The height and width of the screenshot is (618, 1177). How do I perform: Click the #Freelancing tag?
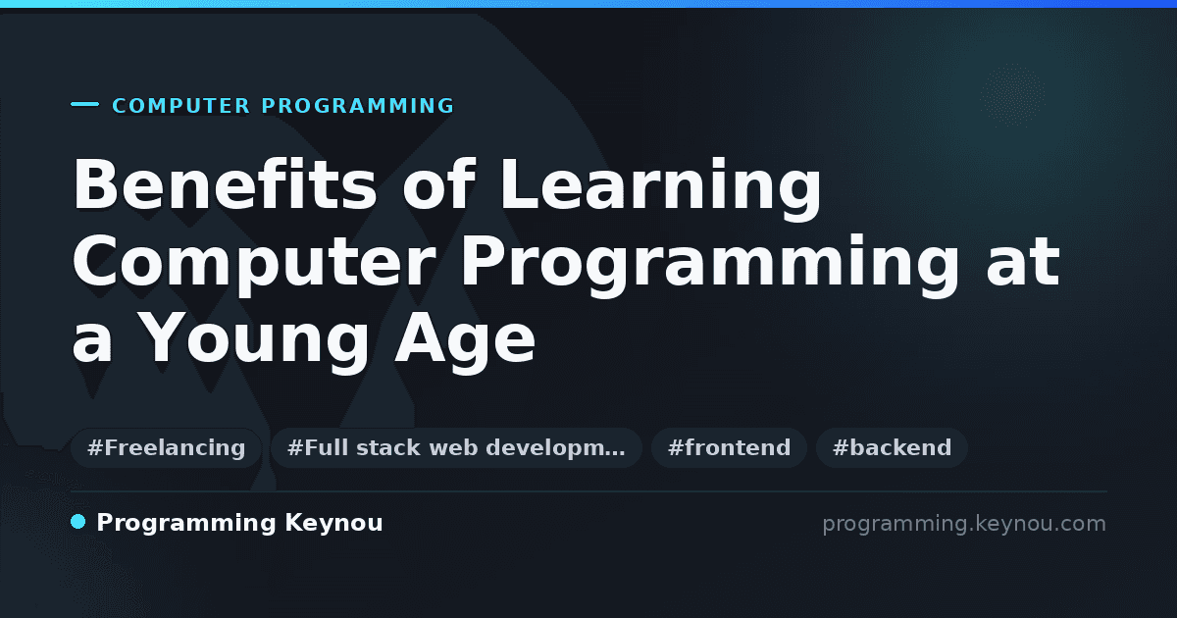166,447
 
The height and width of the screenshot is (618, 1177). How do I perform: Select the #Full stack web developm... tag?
456,447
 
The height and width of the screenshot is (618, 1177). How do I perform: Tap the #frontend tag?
729,447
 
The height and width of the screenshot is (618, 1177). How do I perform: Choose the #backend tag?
892,447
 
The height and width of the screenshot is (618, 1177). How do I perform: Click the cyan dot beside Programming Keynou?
78,522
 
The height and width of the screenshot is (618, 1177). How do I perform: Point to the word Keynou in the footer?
333,524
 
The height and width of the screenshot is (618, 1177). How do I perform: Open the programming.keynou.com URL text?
964,524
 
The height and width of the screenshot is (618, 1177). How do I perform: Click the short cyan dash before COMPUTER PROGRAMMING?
84,104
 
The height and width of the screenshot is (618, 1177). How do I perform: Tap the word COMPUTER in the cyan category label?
181,106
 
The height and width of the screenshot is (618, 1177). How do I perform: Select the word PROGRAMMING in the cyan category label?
357,106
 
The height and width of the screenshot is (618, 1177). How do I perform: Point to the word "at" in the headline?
1022,262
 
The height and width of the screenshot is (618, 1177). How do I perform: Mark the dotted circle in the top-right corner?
1012,95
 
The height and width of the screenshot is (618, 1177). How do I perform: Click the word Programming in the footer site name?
186,524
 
